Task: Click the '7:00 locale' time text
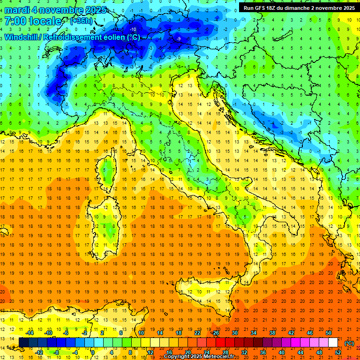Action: [x=33, y=21]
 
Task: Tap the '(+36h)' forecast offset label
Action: [x=81, y=21]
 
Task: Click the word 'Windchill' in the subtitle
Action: [x=21, y=37]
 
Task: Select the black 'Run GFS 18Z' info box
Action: [x=299, y=7]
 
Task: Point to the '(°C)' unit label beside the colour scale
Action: [x=349, y=343]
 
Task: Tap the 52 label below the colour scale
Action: [x=338, y=352]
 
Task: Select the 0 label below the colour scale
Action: [x=93, y=352]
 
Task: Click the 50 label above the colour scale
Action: [x=329, y=333]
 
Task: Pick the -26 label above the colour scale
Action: [x=215, y=333]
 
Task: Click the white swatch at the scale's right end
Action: [x=333, y=342]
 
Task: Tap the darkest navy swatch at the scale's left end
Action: [x=23, y=342]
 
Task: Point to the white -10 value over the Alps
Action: [x=133, y=30]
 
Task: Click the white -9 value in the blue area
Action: [x=179, y=38]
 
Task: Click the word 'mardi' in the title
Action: [x=15, y=10]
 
